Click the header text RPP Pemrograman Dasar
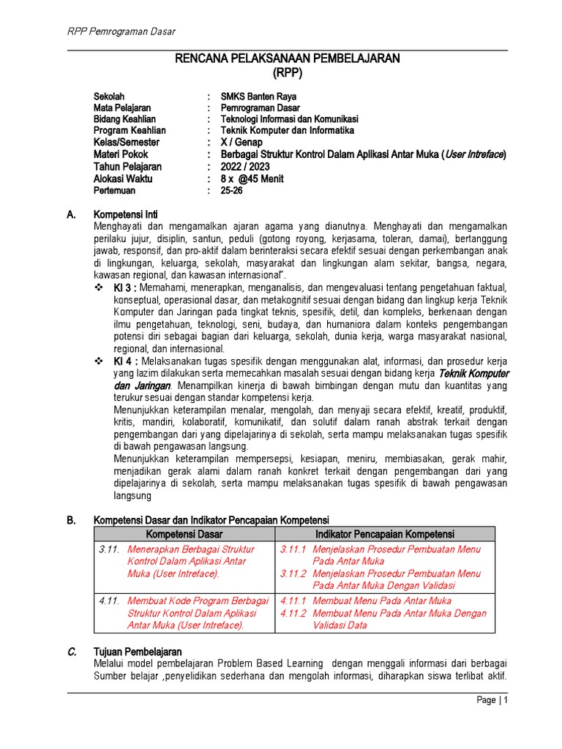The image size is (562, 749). [121, 31]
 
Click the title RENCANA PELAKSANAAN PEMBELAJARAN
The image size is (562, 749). [287, 59]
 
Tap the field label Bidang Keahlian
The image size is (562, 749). [124, 119]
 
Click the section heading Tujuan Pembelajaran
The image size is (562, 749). [138, 651]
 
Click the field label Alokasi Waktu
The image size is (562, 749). [122, 178]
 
